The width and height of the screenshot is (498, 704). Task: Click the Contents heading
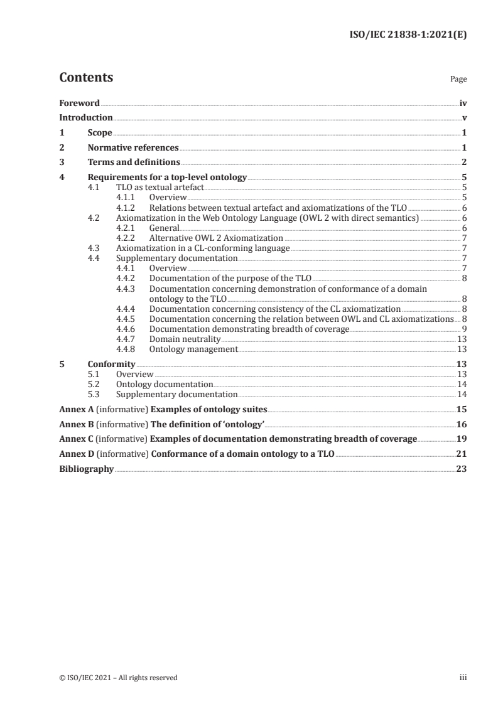click(86, 78)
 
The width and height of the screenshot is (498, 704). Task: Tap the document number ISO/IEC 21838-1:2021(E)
click(408, 35)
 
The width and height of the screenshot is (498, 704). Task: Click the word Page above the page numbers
click(458, 80)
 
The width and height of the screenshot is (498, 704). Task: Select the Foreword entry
click(79, 102)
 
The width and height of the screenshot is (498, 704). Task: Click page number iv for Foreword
click(463, 102)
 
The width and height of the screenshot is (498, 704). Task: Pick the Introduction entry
click(86, 117)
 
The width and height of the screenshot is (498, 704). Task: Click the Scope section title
click(100, 133)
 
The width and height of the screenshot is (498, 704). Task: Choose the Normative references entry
click(133, 148)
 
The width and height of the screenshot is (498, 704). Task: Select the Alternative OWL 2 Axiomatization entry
click(216, 238)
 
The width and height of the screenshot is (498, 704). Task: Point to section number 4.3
click(94, 248)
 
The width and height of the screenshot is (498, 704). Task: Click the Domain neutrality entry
click(185, 339)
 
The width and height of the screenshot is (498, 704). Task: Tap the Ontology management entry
click(193, 349)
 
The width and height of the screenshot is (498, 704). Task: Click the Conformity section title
click(111, 364)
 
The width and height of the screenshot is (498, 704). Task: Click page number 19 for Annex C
click(462, 439)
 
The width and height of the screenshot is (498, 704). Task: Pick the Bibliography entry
click(86, 469)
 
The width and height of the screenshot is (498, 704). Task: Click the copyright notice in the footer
click(118, 678)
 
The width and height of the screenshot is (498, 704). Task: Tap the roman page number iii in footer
click(463, 678)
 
